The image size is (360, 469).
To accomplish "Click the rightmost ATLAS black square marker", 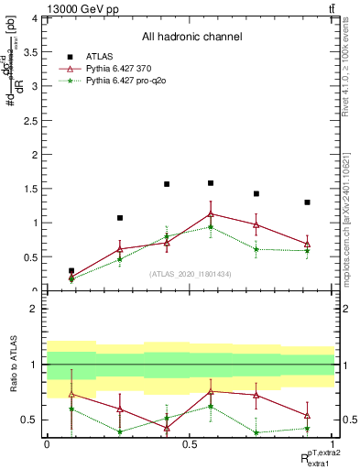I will tap(307, 202).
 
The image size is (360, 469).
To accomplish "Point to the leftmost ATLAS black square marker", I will tap(71, 271).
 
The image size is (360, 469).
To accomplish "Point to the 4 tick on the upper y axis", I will tap(37, 18).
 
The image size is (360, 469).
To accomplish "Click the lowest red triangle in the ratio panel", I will tap(167, 428).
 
